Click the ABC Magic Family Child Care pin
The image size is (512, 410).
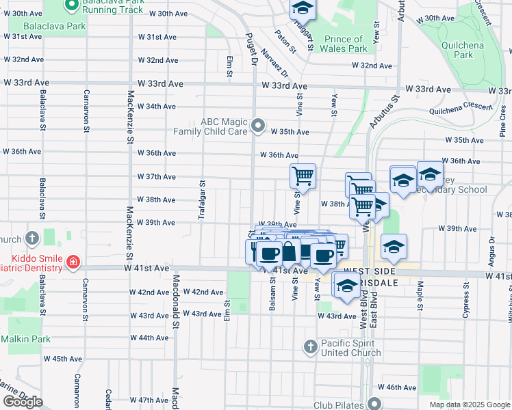(258, 126)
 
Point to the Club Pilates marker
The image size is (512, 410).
(374, 404)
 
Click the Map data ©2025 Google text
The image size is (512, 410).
(470, 405)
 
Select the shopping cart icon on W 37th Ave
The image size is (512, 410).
(303, 176)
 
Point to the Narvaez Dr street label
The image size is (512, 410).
(279, 67)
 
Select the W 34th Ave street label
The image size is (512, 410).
(156, 107)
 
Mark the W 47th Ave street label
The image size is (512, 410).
(149, 400)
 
